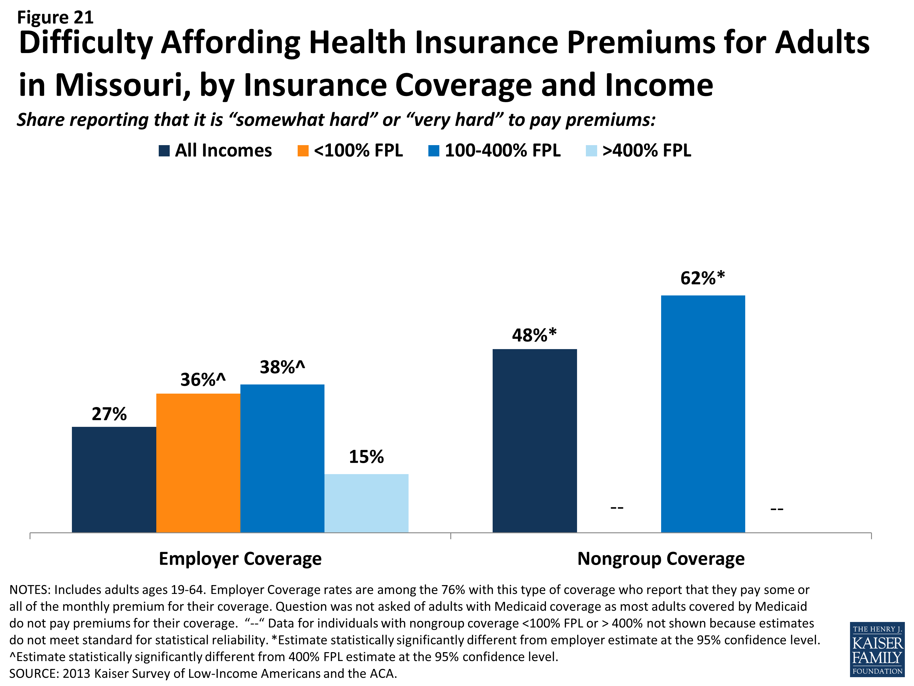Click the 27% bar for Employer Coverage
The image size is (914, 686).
point(114,480)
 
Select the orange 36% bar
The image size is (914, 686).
point(198,463)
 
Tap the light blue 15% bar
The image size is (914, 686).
point(366,503)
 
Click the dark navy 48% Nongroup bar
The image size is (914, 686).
point(534,440)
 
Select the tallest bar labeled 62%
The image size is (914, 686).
point(703,413)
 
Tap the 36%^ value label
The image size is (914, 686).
point(203,380)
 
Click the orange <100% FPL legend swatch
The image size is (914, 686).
point(303,151)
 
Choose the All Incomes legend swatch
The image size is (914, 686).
point(164,151)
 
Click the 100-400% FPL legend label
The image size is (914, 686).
point(502,151)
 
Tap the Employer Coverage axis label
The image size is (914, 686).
point(240,559)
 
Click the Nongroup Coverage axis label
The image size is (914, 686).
point(661,559)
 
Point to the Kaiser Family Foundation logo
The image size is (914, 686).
point(877,649)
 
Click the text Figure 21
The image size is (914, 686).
point(55,17)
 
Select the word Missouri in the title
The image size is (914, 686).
point(119,85)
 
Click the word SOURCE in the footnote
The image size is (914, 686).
point(34,673)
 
